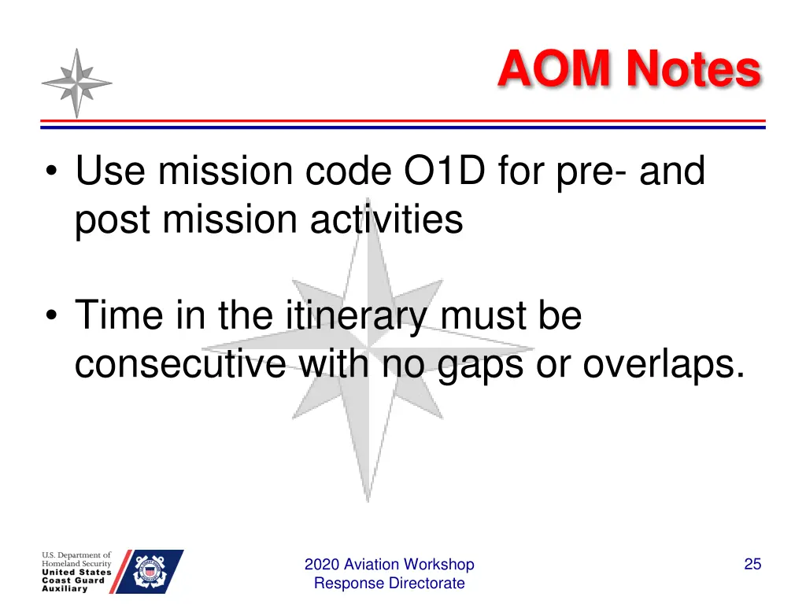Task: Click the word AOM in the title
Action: tap(553, 68)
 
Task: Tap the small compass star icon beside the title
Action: tap(76, 83)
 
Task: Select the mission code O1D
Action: tap(445, 171)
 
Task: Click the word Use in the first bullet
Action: tap(110, 171)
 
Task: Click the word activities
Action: tap(386, 219)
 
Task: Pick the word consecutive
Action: tap(180, 364)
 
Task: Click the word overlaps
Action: tap(664, 366)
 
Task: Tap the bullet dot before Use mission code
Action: tap(51, 171)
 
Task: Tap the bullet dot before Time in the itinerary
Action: tap(51, 315)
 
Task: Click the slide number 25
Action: tap(752, 564)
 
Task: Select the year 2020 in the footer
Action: tap(322, 565)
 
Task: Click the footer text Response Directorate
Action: tap(389, 584)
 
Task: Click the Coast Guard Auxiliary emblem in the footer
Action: tap(149, 572)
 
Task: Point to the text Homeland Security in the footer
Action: tap(76, 563)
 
